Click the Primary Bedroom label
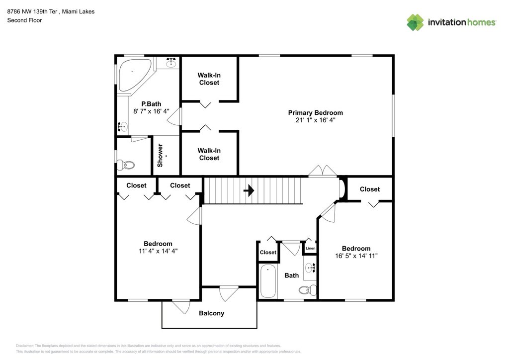pyautogui.click(x=315, y=113)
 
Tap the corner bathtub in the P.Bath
pyautogui.click(x=134, y=75)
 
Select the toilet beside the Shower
pyautogui.click(x=125, y=165)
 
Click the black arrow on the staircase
pyautogui.click(x=249, y=190)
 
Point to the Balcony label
pyautogui.click(x=211, y=313)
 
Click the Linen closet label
pyautogui.click(x=310, y=248)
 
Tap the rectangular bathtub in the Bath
pyautogui.click(x=268, y=281)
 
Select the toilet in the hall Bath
pyautogui.click(x=307, y=290)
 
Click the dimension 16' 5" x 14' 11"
pyautogui.click(x=356, y=256)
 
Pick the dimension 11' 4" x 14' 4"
pyautogui.click(x=158, y=251)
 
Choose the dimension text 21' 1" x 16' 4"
pyautogui.click(x=315, y=120)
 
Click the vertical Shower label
pyautogui.click(x=160, y=156)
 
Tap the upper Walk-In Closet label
pyautogui.click(x=209, y=79)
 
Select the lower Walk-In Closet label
pyautogui.click(x=209, y=154)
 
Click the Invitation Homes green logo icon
pyautogui.click(x=415, y=22)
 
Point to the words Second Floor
pyautogui.click(x=25, y=20)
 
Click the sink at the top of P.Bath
pyautogui.click(x=171, y=63)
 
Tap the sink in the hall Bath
pyautogui.click(x=310, y=268)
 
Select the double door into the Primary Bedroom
pyautogui.click(x=322, y=171)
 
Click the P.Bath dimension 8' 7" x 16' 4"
pyautogui.click(x=151, y=111)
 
